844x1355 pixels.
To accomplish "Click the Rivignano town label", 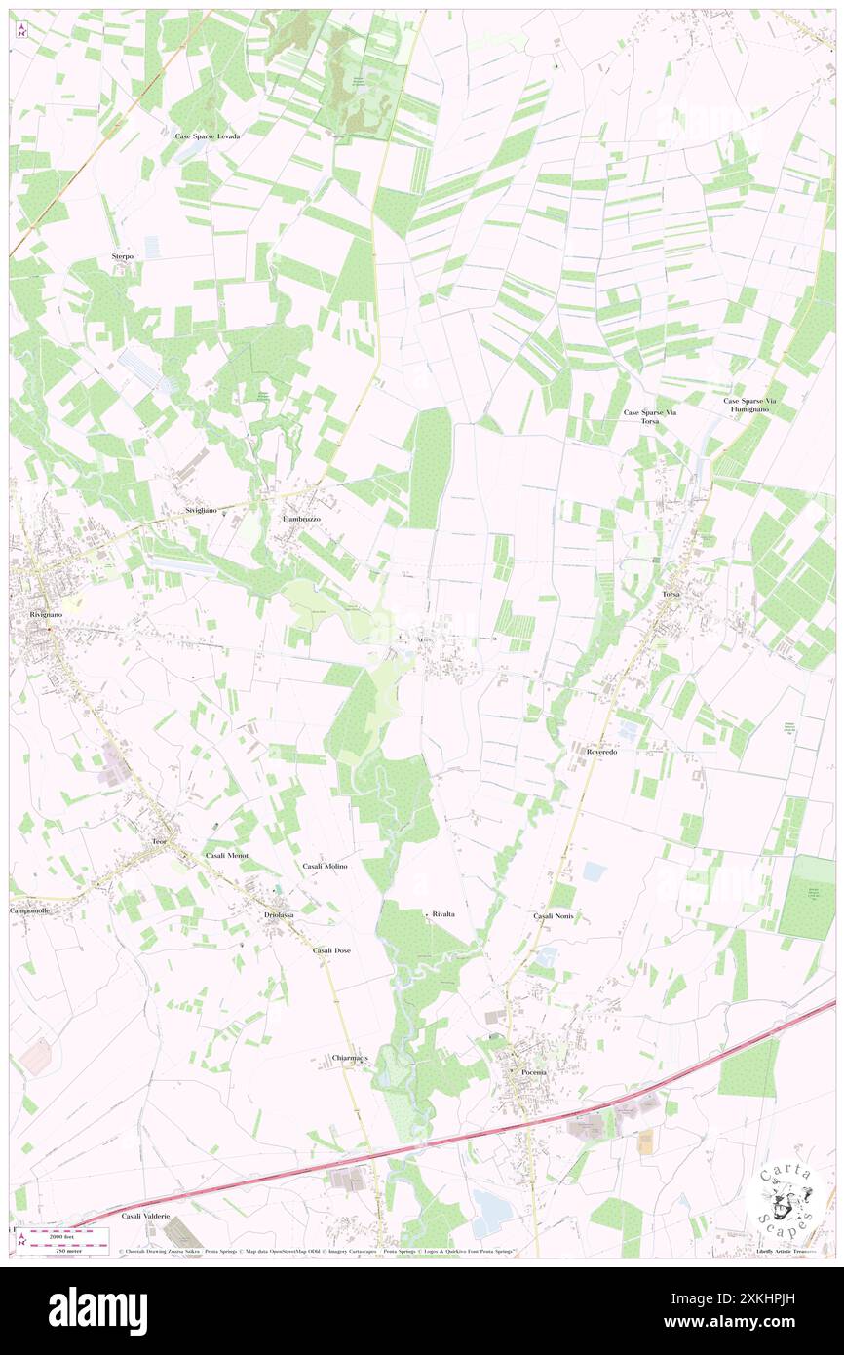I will click(x=36, y=616).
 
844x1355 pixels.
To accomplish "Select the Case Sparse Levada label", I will click(x=208, y=136).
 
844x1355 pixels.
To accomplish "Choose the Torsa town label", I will click(x=671, y=594).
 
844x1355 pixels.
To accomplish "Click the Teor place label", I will click(x=160, y=840).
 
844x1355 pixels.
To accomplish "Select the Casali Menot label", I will click(x=227, y=855).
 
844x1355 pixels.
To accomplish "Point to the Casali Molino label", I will click(x=325, y=866).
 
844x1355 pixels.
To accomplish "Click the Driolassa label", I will click(x=279, y=916).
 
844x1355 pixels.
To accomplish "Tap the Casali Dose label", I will click(x=331, y=949).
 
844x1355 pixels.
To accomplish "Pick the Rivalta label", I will click(x=444, y=914).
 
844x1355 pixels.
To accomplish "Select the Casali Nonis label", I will click(x=554, y=916).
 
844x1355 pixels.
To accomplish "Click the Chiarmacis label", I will click(x=349, y=1058).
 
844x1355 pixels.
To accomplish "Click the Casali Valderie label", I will click(x=146, y=1217).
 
